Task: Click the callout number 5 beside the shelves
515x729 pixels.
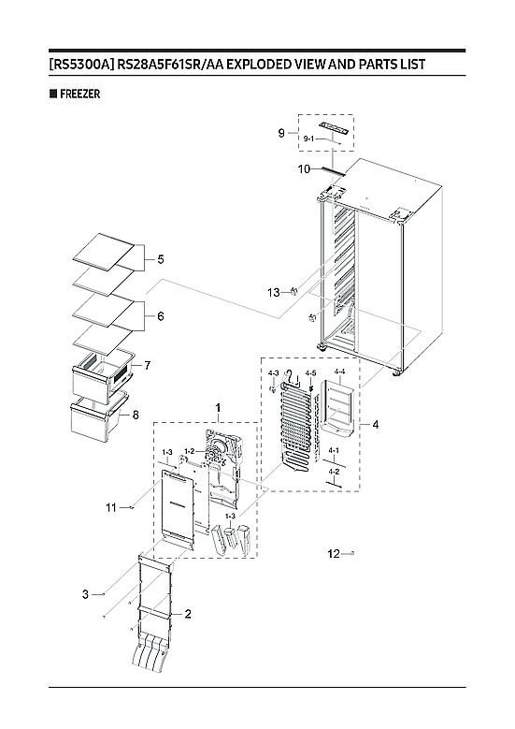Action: pos(160,258)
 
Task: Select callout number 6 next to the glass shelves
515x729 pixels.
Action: pos(160,317)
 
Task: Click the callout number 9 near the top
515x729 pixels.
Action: pos(280,134)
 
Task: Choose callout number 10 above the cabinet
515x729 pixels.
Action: pos(304,169)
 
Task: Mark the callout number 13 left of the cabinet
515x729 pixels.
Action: pos(273,293)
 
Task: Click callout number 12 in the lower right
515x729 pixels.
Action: pos(334,554)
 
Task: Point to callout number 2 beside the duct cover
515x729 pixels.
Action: pos(188,614)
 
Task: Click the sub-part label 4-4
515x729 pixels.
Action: pos(339,372)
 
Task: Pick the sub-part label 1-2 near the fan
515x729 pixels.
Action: pos(189,451)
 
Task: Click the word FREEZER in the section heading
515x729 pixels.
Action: pos(78,95)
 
